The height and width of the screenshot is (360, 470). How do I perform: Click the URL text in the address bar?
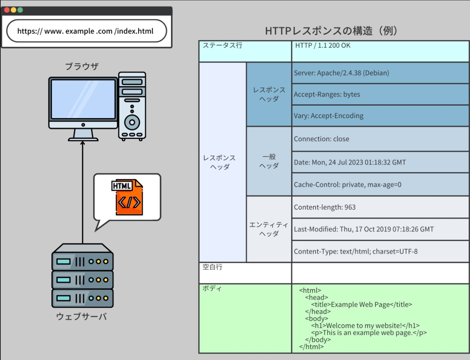click(85, 31)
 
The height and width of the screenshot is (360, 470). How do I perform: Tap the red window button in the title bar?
click(7, 10)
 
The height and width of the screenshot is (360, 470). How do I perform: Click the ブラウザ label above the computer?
click(82, 66)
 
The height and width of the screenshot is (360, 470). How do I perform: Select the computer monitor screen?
click(83, 99)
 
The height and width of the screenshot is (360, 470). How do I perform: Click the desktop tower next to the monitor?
click(132, 106)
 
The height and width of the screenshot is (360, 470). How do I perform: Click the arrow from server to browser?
click(83, 191)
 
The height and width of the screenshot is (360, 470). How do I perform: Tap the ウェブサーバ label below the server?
click(81, 316)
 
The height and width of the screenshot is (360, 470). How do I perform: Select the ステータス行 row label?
click(223, 46)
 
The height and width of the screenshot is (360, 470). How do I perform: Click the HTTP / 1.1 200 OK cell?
click(323, 46)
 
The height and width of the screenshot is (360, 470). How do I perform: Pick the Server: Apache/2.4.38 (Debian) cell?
click(341, 73)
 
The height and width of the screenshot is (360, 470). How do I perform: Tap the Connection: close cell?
click(321, 139)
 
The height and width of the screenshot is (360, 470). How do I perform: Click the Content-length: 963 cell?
click(325, 207)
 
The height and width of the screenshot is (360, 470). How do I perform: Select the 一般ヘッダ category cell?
click(269, 161)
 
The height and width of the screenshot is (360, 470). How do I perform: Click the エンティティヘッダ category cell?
click(269, 229)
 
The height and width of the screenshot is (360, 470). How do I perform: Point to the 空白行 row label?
click(213, 267)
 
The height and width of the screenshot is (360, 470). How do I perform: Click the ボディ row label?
click(212, 289)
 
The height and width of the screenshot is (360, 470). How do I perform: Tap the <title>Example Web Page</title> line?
click(362, 305)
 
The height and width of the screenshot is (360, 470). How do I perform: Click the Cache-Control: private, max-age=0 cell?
click(347, 185)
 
